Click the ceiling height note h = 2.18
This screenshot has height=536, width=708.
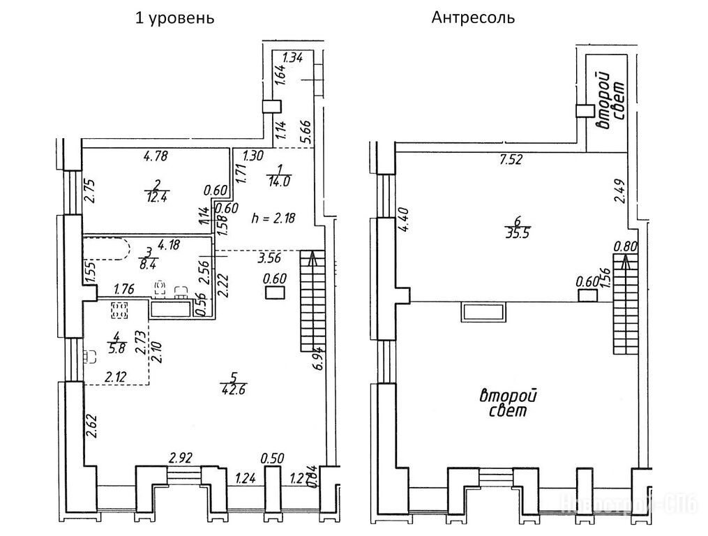pos(273,218)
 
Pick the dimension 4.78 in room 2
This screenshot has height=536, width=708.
pos(158,156)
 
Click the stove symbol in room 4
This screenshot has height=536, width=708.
pos(118,311)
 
